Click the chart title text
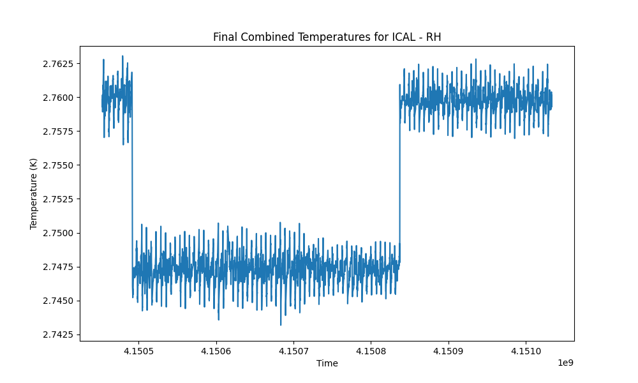(327, 37)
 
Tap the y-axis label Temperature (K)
(33, 194)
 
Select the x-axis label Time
(327, 363)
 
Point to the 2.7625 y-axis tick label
(59, 64)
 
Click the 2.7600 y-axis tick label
(59, 98)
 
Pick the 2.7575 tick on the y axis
(59, 131)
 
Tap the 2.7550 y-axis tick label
(59, 165)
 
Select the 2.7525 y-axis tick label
(59, 199)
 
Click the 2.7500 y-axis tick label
(59, 233)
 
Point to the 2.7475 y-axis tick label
(59, 267)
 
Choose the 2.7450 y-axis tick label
(59, 301)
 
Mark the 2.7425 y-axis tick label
(59, 334)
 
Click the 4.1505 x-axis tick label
(138, 351)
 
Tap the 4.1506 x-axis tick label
(216, 351)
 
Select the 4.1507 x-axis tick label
(293, 351)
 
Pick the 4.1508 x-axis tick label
(371, 351)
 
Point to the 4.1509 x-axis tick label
(449, 351)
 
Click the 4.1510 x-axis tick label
(526, 351)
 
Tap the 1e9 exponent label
(565, 363)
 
